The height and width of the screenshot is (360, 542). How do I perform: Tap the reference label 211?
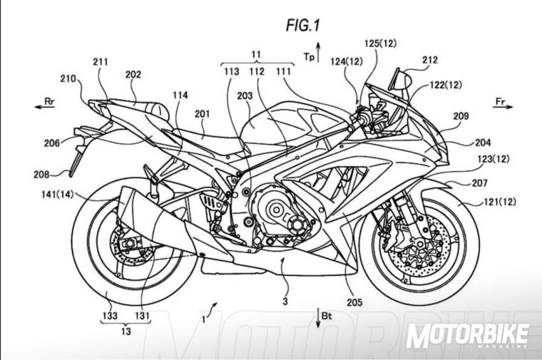click(100, 63)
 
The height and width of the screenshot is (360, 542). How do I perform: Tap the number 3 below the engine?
click(285, 302)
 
